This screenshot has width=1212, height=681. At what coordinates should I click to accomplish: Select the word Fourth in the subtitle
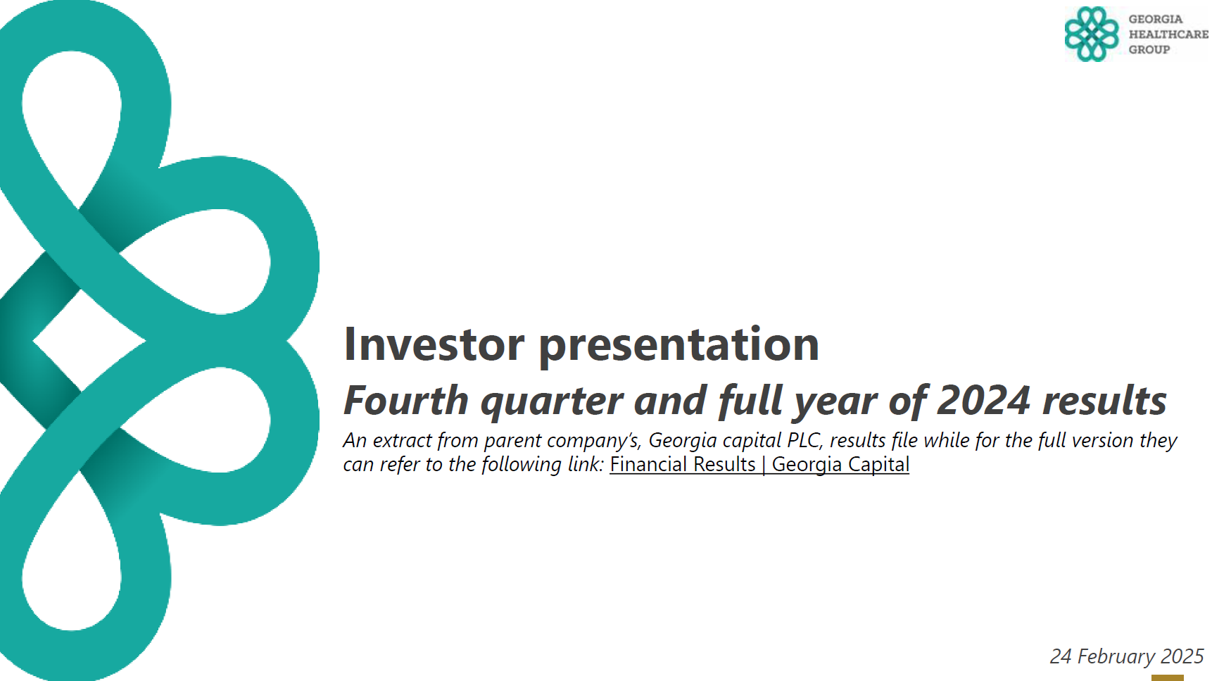click(x=406, y=400)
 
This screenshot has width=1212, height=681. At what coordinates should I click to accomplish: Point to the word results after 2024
click(x=1104, y=400)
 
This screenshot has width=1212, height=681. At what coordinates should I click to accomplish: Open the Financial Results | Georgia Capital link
click(x=759, y=464)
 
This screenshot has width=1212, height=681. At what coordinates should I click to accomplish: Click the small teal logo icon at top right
click(x=1091, y=34)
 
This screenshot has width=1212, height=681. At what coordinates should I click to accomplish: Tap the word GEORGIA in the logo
click(x=1156, y=19)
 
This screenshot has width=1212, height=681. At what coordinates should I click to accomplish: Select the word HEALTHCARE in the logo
click(x=1168, y=34)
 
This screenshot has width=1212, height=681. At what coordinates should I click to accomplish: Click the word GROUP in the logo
click(x=1149, y=49)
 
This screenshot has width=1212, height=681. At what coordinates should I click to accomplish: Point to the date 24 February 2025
click(x=1127, y=656)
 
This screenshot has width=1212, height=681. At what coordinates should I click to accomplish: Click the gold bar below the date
click(x=1168, y=677)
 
